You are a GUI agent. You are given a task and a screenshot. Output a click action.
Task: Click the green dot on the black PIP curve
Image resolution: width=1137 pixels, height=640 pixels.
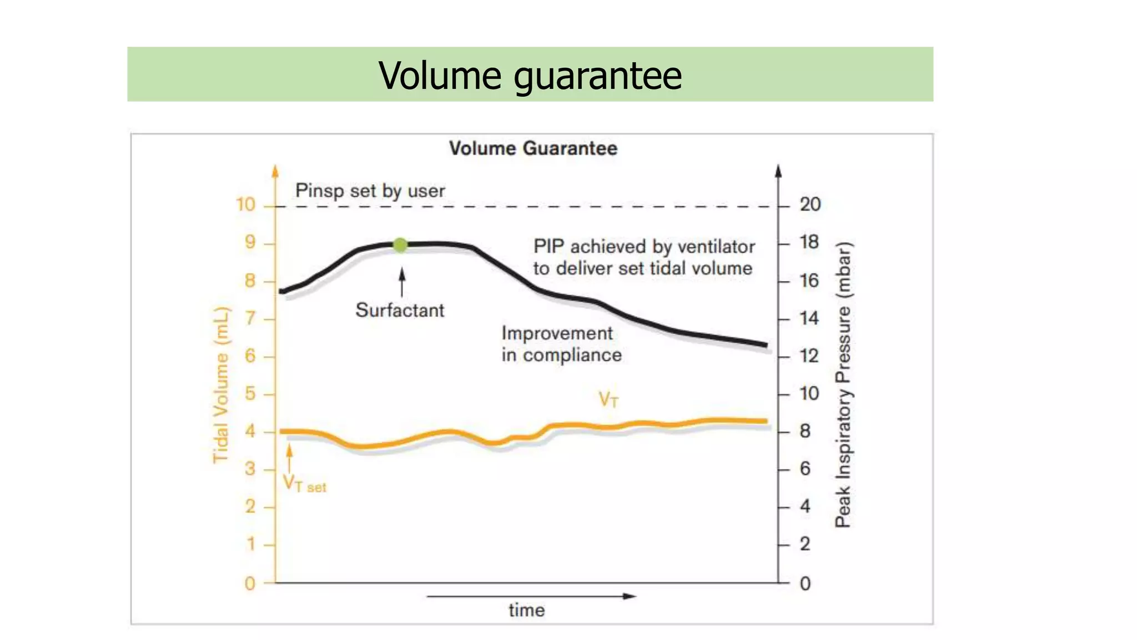(x=400, y=244)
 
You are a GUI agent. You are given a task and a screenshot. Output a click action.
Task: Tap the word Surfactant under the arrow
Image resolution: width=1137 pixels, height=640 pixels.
(x=400, y=310)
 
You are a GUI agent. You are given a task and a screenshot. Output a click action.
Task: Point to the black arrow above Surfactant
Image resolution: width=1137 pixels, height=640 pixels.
(x=402, y=282)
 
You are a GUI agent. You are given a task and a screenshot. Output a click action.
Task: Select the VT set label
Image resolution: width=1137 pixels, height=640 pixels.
(x=304, y=483)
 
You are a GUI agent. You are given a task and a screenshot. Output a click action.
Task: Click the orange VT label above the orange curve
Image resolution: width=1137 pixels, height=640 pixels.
(x=608, y=399)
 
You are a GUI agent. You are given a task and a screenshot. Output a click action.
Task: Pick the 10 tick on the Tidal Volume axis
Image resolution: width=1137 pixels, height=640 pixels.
(x=246, y=205)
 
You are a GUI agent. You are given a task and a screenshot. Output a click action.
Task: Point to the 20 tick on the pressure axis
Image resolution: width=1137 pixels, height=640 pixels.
(x=810, y=204)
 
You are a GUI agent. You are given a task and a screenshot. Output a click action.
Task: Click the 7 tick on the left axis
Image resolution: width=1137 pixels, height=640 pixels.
(x=250, y=318)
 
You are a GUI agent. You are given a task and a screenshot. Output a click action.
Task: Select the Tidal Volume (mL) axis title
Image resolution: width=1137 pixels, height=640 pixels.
(x=221, y=384)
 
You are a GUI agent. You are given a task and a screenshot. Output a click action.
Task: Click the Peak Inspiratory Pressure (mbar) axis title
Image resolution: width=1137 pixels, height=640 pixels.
(x=843, y=384)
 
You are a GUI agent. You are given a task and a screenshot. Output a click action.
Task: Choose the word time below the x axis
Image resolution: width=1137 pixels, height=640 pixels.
(x=526, y=610)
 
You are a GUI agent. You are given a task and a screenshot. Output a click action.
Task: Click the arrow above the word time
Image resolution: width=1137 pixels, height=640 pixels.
(x=531, y=596)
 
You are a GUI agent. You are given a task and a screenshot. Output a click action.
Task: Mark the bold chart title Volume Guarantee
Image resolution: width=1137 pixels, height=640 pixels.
(x=533, y=148)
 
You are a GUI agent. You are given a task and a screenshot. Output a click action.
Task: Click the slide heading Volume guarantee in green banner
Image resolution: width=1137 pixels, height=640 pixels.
(x=530, y=75)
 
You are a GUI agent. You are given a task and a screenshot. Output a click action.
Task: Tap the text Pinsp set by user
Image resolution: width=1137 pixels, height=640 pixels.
(x=370, y=191)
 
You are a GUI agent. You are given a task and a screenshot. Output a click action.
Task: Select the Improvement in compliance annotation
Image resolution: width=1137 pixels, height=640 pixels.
(x=561, y=344)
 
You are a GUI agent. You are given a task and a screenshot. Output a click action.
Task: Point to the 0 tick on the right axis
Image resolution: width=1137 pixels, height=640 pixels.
(x=805, y=583)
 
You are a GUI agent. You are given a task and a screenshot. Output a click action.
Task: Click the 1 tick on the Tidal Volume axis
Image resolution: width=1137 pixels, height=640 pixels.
(x=251, y=544)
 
